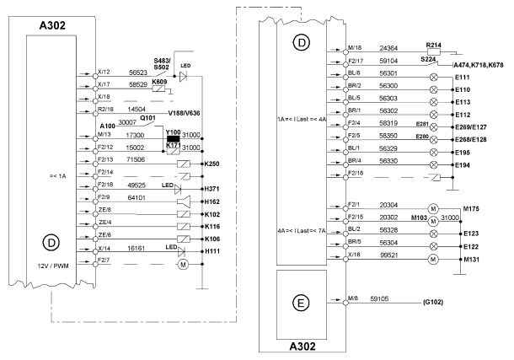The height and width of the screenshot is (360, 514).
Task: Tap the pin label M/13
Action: [x=105, y=132]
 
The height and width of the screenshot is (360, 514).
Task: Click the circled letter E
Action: [x=303, y=301]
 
